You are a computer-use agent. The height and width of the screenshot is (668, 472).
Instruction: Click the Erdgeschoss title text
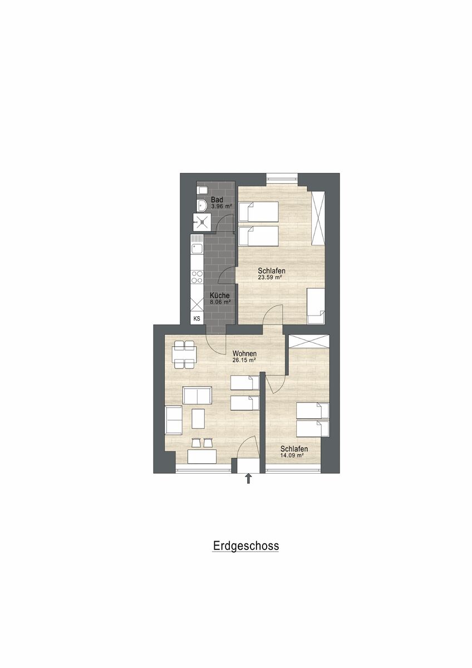[246, 546]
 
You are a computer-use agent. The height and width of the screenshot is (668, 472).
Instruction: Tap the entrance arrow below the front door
[248, 479]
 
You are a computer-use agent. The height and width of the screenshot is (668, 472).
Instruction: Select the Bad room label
[217, 199]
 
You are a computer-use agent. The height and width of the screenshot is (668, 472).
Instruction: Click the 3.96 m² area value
[222, 206]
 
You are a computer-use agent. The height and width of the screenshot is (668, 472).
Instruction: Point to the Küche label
[220, 296]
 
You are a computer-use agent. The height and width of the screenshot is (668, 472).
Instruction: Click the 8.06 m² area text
[220, 302]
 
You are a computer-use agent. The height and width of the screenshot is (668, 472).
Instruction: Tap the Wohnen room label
[244, 353]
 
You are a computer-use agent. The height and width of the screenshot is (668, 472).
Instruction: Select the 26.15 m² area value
[244, 360]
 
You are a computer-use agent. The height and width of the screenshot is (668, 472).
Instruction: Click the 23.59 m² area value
[270, 277]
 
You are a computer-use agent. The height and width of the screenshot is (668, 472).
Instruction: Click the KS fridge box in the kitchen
[197, 318]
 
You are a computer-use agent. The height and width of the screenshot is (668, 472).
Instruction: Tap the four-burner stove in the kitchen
[197, 277]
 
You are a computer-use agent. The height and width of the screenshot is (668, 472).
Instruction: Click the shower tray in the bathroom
[202, 222]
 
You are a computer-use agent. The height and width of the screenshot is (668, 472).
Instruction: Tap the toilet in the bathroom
[201, 190]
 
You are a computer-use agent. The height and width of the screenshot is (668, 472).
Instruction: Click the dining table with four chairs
[184, 355]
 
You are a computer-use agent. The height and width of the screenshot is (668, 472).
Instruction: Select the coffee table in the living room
[198, 419]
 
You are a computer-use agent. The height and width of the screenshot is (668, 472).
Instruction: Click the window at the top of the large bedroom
[282, 177]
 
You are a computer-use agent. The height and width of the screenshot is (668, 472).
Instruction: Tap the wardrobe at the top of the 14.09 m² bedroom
[309, 341]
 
